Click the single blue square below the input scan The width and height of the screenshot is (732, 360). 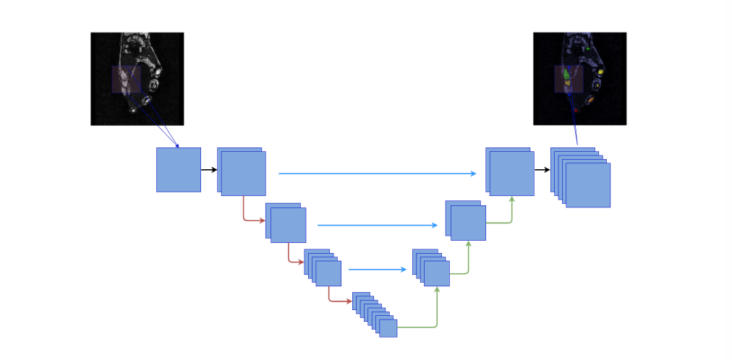pyautogui.click(x=178, y=170)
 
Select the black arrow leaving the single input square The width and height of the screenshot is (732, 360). pyautogui.click(x=209, y=170)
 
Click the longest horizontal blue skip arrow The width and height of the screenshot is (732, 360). pyautogui.click(x=376, y=173)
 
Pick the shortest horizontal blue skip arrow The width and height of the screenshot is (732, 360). pyautogui.click(x=377, y=270)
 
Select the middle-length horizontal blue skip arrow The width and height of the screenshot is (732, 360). pyautogui.click(x=377, y=226)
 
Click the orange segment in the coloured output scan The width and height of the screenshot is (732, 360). pyautogui.click(x=590, y=98)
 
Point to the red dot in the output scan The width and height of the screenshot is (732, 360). pyautogui.click(x=576, y=110)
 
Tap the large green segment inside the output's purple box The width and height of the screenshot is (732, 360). pyautogui.click(x=566, y=74)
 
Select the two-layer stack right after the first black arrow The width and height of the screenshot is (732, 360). pyautogui.click(x=242, y=172)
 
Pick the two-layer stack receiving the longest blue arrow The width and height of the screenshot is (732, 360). pyautogui.click(x=510, y=172)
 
